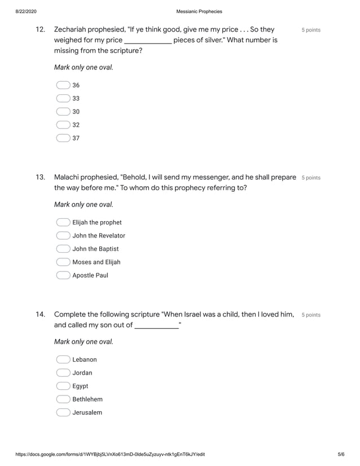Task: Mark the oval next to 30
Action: pyautogui.click(x=63, y=112)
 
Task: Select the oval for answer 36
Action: pyautogui.click(x=63, y=85)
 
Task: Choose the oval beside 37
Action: pyautogui.click(x=63, y=138)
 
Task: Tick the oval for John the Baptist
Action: pyautogui.click(x=63, y=249)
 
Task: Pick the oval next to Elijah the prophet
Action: pyautogui.click(x=63, y=222)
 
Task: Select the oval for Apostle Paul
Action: pyautogui.click(x=63, y=275)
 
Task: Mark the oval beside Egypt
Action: pyautogui.click(x=63, y=386)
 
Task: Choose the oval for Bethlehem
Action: pyautogui.click(x=63, y=399)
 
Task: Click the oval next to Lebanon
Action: pyautogui.click(x=63, y=359)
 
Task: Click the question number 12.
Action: pyautogui.click(x=40, y=29)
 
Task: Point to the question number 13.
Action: pyautogui.click(x=40, y=177)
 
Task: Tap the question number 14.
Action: pyautogui.click(x=40, y=314)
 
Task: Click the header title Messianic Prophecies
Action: pyautogui.click(x=199, y=11)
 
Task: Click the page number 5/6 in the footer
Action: pyautogui.click(x=340, y=454)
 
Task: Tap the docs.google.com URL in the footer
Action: pyautogui.click(x=110, y=454)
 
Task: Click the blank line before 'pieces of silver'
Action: pyautogui.click(x=147, y=41)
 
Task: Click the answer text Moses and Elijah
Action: pyautogui.click(x=96, y=262)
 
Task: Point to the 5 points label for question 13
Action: pyautogui.click(x=311, y=178)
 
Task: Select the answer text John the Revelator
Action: pyautogui.click(x=99, y=236)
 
